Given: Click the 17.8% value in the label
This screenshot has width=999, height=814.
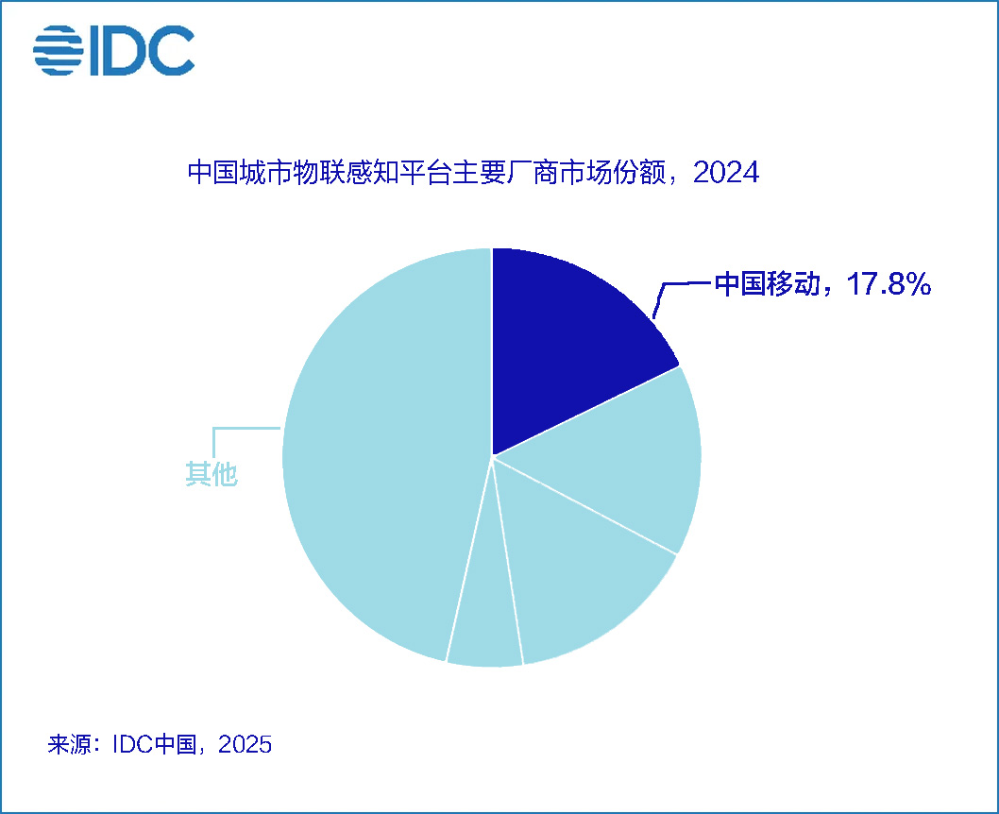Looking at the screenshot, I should pyautogui.click(x=889, y=284).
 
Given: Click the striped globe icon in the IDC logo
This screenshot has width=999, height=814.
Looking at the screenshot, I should pyautogui.click(x=59, y=50).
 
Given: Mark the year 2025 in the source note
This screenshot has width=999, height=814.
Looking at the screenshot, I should pyautogui.click(x=246, y=744).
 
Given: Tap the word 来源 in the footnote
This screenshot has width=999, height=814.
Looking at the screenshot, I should pyautogui.click(x=69, y=744).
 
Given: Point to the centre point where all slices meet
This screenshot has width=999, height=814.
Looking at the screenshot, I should pyautogui.click(x=492, y=457).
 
